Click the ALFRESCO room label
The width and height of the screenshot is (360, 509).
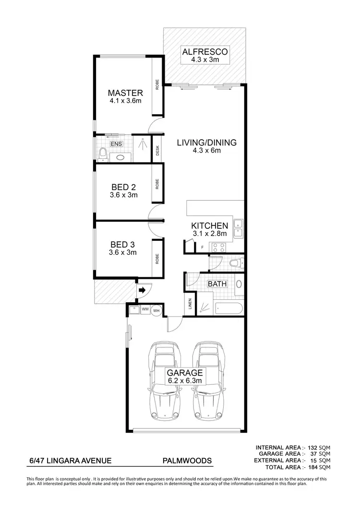point(205,51)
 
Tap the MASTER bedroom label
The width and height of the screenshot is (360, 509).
point(125,93)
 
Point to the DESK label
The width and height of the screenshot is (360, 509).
point(157,151)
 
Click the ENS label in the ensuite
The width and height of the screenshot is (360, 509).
point(116,144)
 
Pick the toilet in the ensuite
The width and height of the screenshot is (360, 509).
point(102,154)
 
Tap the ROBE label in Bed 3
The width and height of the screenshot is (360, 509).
point(157,259)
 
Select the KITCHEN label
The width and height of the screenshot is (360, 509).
point(209,225)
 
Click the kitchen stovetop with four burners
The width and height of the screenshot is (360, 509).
point(219,248)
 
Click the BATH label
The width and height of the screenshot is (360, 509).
point(216,284)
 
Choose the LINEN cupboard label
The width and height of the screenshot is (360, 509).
point(190,305)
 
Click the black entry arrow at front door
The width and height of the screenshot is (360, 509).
point(143,290)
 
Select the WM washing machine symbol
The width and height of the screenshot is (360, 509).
point(145,309)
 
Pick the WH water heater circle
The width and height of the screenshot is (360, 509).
point(156,310)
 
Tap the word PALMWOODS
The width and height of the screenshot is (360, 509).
point(187,461)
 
